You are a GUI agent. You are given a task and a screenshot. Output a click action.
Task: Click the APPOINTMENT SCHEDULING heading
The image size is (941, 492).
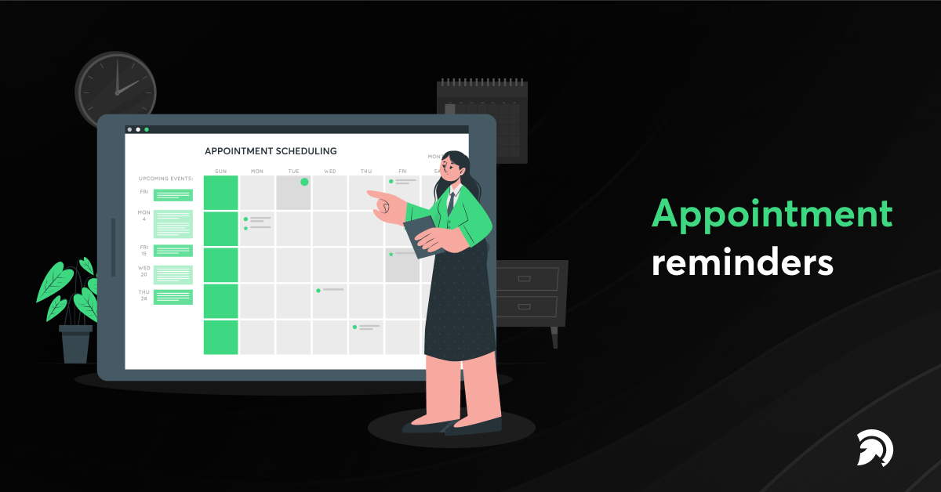[x=271, y=150]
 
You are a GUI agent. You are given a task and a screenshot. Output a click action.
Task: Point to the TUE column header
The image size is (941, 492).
[x=293, y=171]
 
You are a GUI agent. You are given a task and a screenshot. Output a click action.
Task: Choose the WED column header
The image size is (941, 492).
[x=330, y=171]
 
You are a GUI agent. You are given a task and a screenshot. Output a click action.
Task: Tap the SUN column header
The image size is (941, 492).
[x=220, y=171]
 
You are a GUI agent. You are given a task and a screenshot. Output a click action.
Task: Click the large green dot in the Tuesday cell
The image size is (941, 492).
[x=304, y=182]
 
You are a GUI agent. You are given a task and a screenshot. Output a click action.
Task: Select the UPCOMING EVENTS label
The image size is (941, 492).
[x=165, y=178]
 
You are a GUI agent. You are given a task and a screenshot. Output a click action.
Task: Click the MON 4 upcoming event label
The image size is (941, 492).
[x=144, y=215]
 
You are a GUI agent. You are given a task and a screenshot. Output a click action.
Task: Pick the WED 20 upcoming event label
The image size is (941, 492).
[x=144, y=271]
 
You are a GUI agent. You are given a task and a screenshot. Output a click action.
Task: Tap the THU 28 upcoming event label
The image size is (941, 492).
[x=144, y=295]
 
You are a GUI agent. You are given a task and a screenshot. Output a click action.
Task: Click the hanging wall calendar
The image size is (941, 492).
[x=481, y=121]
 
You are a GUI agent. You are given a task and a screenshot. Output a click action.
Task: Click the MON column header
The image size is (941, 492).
[x=257, y=171]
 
